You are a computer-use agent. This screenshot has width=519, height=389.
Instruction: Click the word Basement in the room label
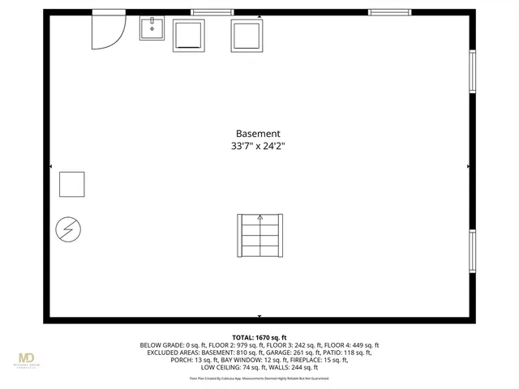(x=258, y=134)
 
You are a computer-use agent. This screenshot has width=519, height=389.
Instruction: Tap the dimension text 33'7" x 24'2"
(x=258, y=147)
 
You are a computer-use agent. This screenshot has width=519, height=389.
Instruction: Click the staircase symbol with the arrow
(x=259, y=235)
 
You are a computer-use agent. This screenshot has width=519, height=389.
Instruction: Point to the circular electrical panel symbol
(x=67, y=230)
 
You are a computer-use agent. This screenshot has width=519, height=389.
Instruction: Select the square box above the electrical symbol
(x=71, y=184)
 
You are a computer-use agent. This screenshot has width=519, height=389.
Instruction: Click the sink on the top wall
(x=151, y=28)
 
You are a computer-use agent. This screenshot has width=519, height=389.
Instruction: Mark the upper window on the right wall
(x=472, y=72)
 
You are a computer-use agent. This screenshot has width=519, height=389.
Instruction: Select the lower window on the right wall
(x=472, y=251)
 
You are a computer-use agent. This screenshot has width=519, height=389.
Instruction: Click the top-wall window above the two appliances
(x=212, y=12)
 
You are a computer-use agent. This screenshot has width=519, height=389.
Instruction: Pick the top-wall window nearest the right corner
(x=388, y=12)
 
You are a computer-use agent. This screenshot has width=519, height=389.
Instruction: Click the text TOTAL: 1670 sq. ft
(x=259, y=337)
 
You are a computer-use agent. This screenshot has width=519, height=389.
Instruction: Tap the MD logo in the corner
(x=27, y=358)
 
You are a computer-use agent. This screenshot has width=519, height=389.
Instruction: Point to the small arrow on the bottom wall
(x=259, y=316)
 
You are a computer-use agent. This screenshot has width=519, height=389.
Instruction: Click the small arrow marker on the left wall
(x=51, y=166)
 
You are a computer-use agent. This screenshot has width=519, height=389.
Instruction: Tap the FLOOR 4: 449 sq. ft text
(x=350, y=345)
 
